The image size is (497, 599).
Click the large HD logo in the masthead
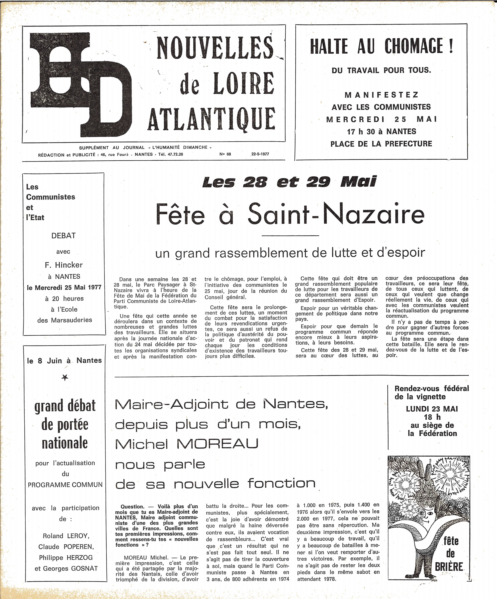81,84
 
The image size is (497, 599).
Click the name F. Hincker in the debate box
64,265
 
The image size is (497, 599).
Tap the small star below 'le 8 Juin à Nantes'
65,378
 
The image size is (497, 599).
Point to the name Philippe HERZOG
66,557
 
